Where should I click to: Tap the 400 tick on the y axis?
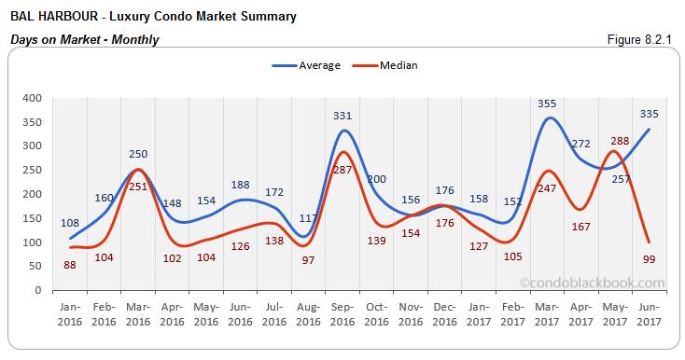[31, 98]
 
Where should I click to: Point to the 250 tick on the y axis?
[31, 170]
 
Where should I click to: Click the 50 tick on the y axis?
[34, 266]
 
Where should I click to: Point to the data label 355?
[547, 104]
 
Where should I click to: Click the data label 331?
[342, 117]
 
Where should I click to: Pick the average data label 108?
[71, 224]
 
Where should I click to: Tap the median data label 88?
[71, 264]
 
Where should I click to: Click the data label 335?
[650, 114]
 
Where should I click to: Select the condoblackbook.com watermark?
[592, 283]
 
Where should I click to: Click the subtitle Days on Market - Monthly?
[84, 39]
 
